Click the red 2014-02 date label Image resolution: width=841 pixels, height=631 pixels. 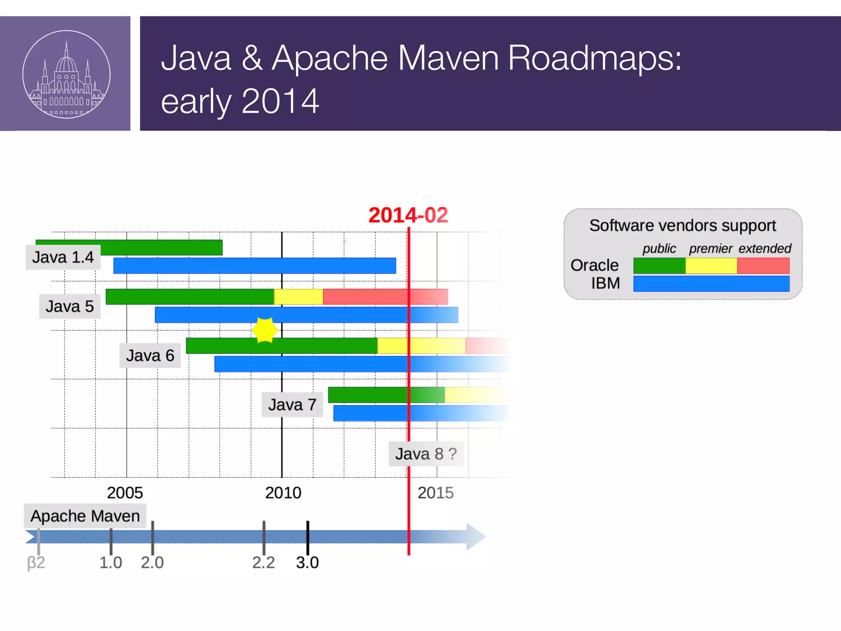(408, 215)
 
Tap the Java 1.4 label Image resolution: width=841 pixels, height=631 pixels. (63, 258)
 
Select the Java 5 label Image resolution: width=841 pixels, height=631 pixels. (69, 306)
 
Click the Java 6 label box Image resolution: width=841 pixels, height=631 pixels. (150, 356)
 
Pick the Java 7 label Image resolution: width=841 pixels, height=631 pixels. (292, 405)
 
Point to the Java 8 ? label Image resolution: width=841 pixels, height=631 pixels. (426, 454)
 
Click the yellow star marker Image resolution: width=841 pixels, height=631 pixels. (264, 330)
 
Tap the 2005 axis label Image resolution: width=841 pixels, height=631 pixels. (125, 493)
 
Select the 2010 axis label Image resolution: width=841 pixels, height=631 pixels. (283, 493)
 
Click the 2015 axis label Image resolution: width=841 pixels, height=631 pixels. (435, 493)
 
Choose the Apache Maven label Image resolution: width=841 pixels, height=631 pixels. (85, 516)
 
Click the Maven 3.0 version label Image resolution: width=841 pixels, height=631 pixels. (307, 562)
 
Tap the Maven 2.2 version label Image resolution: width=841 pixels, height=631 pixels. (263, 562)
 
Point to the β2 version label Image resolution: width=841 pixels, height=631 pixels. (36, 562)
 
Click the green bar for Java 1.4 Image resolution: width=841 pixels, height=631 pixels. (164, 247)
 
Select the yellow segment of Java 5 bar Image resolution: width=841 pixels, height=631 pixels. (299, 297)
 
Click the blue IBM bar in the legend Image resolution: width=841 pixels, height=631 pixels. (711, 284)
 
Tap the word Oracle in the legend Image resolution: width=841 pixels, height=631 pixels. (594, 265)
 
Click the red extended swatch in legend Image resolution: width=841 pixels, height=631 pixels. (763, 266)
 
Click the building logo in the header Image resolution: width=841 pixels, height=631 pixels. (66, 74)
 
